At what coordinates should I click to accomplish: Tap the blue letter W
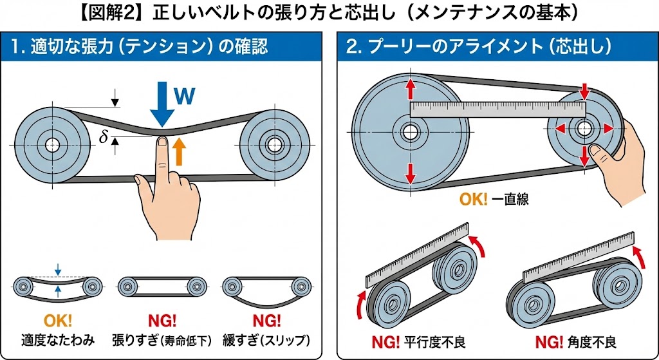pos(185,96)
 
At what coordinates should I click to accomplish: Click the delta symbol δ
pos(103,137)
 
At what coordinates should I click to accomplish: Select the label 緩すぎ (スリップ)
pos(265,339)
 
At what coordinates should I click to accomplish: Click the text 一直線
pos(510,199)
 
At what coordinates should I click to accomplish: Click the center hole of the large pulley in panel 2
pos(409,133)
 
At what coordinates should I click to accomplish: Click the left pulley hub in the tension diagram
pos(52,143)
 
